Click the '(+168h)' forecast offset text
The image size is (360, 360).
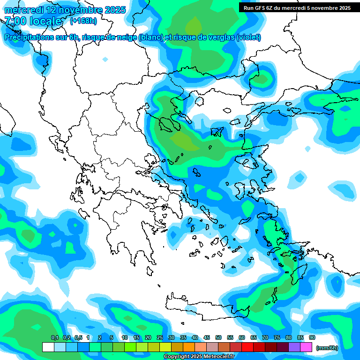point(83,21)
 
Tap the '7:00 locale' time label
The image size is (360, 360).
point(33,22)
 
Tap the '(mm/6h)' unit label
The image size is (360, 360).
point(327,347)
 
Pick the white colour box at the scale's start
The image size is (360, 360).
point(48,347)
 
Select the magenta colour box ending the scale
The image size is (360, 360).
point(306,347)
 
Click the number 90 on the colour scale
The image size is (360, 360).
point(312,338)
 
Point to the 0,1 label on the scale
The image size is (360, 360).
point(54,338)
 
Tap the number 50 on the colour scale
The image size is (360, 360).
point(218,338)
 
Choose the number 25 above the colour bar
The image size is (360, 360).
point(160,338)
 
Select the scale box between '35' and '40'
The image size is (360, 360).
point(189,347)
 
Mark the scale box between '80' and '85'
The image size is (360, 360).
point(294,347)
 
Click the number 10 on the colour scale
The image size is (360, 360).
point(125,338)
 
